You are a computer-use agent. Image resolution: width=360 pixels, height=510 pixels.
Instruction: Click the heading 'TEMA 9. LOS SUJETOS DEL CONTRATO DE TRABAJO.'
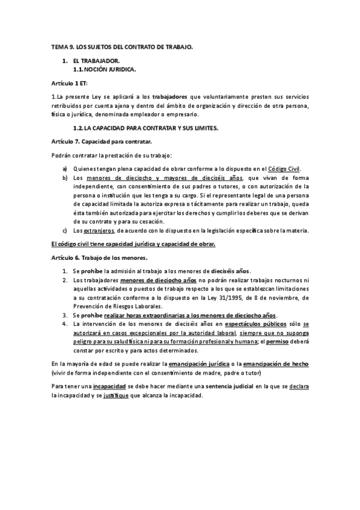[x=122, y=46]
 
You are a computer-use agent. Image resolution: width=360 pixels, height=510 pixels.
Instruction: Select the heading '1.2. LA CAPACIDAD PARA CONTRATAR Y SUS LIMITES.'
[x=145, y=128]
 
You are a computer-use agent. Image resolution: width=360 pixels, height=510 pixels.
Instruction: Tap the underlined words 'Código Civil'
[x=283, y=169]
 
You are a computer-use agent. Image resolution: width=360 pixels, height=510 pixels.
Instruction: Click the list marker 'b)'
[x=65, y=179]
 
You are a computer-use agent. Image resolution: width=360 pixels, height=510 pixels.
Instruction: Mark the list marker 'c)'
[x=65, y=231]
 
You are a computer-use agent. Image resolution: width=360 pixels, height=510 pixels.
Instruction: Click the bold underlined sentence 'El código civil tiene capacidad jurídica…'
[x=133, y=244]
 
